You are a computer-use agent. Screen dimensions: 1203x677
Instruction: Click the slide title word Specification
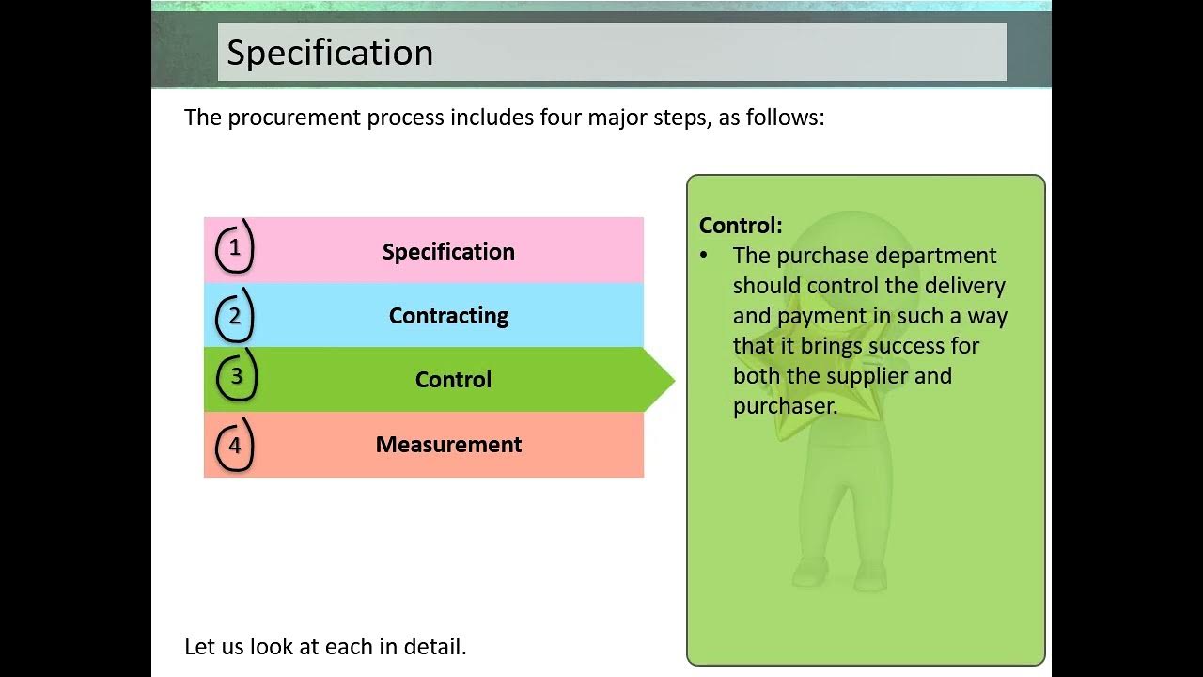click(x=330, y=53)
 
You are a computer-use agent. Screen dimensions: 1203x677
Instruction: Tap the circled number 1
click(x=235, y=247)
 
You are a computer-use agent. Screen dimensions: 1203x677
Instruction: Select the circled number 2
click(x=235, y=316)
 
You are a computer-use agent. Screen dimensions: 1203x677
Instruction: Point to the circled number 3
click(x=236, y=376)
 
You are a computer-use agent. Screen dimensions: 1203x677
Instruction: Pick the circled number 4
click(x=235, y=446)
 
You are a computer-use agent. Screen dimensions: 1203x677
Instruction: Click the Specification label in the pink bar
click(x=448, y=252)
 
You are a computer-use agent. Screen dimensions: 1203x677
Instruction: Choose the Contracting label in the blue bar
click(x=448, y=316)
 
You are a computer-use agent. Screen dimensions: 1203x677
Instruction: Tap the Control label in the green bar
click(x=453, y=380)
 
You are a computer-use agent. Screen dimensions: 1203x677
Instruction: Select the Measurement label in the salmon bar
click(x=448, y=445)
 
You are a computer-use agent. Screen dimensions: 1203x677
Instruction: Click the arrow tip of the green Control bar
click(x=675, y=380)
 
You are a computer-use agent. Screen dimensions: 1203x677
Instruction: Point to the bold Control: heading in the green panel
click(x=741, y=226)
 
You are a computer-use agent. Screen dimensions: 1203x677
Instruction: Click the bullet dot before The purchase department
click(x=704, y=255)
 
